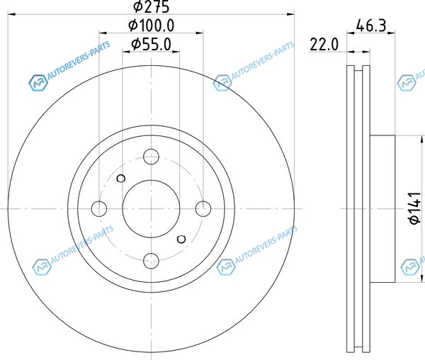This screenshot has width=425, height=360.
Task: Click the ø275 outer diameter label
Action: pyautogui.click(x=152, y=6)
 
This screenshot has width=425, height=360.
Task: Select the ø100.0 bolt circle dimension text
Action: pyautogui.click(x=152, y=26)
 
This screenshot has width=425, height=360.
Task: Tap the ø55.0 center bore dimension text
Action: pyautogui.click(x=152, y=44)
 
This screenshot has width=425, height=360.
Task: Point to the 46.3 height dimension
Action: pyautogui.click(x=370, y=26)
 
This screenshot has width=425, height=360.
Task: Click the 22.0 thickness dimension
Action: pyautogui.click(x=324, y=45)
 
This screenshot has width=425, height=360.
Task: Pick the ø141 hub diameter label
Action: pyautogui.click(x=415, y=208)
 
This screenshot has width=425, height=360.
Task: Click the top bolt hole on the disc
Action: pyautogui.click(x=151, y=157)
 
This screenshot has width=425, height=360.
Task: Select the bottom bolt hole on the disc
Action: pyautogui.click(x=151, y=261)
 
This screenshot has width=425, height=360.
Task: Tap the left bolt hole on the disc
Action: pyautogui.click(x=99, y=209)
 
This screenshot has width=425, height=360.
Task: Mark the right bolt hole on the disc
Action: pyautogui.click(x=203, y=209)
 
